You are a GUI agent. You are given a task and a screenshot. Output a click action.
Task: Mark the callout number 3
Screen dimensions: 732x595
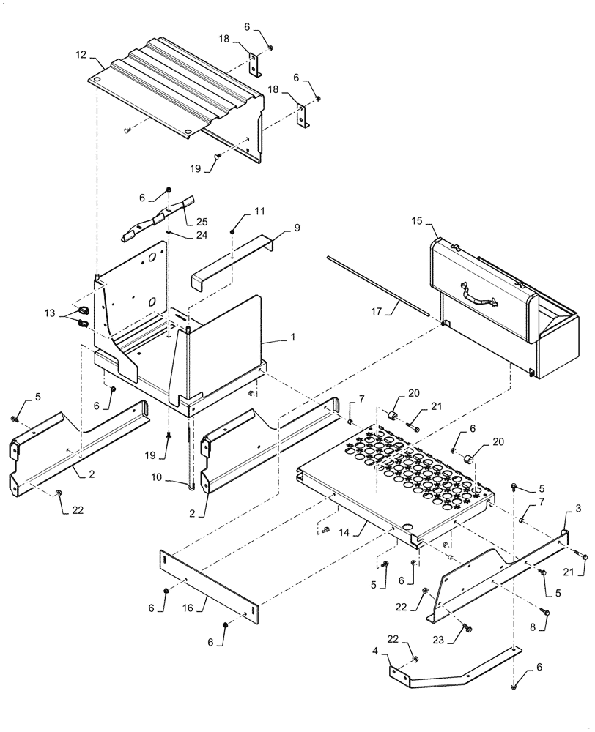pyautogui.click(x=577, y=508)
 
